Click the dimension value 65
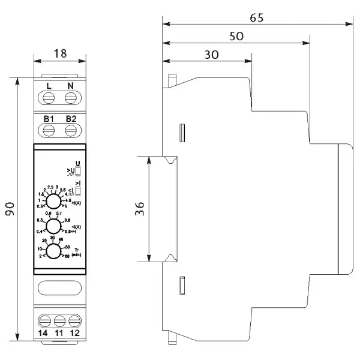pos(257,17)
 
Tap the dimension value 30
pos(211,54)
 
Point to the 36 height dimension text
pos(139,209)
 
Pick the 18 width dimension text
pos(59,53)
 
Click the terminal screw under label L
pos(49,97)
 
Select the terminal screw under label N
pos(70,97)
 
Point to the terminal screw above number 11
pos(59,319)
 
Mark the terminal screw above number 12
pos(73,319)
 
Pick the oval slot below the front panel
pos(59,290)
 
